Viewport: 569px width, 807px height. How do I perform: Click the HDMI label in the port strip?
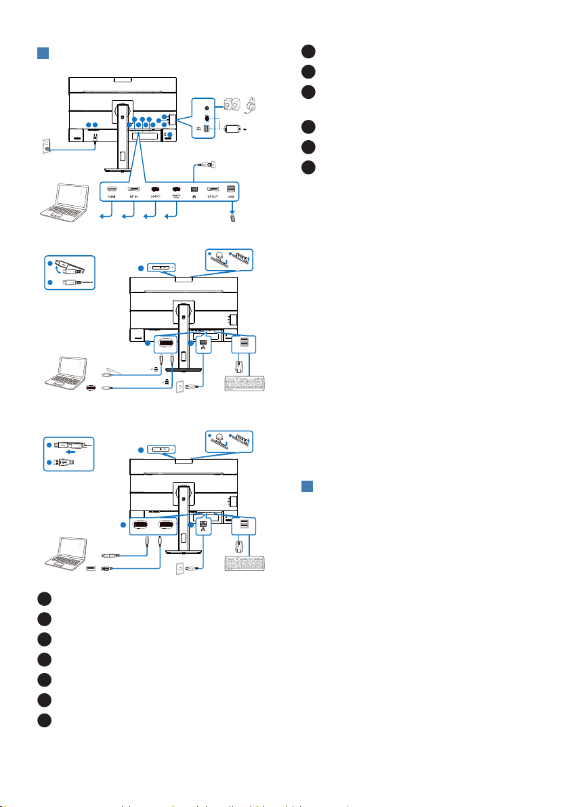click(112, 200)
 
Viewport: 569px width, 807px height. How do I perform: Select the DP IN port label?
click(134, 200)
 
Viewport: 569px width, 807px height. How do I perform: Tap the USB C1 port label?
click(155, 200)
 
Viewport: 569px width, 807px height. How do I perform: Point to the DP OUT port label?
click(213, 200)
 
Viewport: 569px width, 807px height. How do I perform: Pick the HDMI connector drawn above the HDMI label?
click(112, 189)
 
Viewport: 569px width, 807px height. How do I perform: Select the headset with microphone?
click(252, 106)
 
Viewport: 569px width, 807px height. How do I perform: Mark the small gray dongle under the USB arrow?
click(234, 219)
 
